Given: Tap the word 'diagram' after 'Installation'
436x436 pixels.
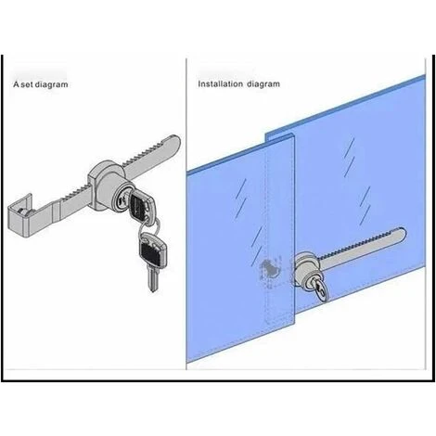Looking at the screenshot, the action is coord(263,84).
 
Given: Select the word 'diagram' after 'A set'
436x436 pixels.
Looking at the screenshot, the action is coord(51,84).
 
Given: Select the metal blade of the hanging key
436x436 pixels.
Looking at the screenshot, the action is coord(152,279).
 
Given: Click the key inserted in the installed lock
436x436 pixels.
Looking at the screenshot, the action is coord(321,289).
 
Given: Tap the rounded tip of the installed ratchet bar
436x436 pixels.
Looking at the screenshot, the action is coord(402,234).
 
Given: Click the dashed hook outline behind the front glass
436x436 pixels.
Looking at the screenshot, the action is coord(270,270).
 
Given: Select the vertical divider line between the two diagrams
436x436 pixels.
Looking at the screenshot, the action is coord(186,213).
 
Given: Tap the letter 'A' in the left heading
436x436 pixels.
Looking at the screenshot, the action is coord(16,84).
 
